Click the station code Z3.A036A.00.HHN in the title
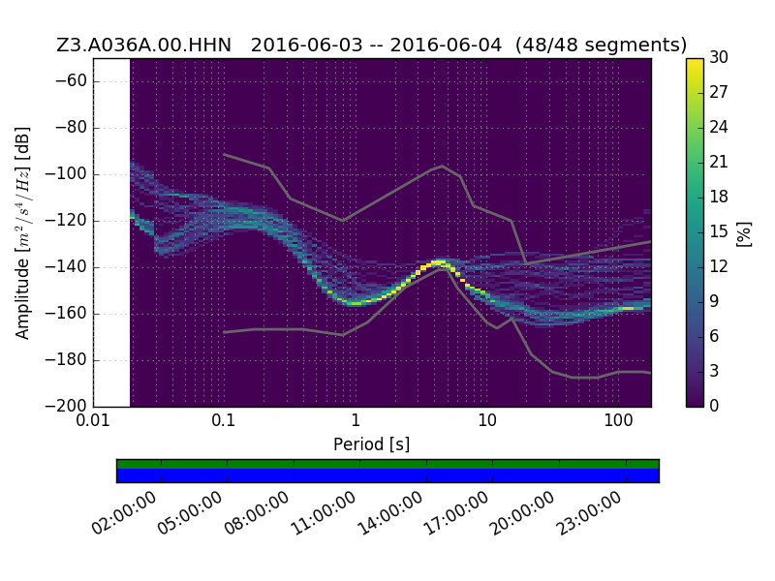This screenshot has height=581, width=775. [143, 45]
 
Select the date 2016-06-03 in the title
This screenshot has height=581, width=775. [306, 45]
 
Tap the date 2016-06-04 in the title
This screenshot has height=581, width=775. [446, 45]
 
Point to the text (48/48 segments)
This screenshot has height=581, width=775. [601, 45]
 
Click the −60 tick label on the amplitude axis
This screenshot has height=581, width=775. [70, 80]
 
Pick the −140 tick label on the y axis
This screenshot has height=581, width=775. [66, 267]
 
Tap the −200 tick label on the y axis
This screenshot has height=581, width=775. [66, 406]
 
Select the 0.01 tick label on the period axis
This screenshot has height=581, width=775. [93, 420]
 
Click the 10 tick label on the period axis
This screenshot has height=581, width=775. [487, 420]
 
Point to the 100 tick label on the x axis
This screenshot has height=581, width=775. [618, 420]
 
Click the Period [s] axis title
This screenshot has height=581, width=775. [372, 444]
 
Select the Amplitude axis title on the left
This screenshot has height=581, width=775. [22, 232]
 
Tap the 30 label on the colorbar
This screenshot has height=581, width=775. [719, 58]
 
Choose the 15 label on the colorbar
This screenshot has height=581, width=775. [719, 231]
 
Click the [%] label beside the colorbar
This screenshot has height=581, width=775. [744, 233]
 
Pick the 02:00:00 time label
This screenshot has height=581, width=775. [124, 513]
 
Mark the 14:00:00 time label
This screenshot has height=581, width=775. [390, 513]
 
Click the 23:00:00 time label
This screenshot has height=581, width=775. [589, 513]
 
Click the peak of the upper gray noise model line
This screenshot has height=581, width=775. [443, 166]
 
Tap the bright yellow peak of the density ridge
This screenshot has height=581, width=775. [439, 261]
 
